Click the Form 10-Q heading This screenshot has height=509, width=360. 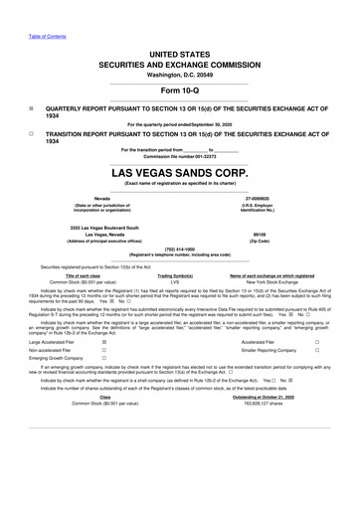click(x=179, y=87)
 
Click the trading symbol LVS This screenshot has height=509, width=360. click(x=175, y=281)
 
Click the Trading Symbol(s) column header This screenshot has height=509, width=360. click(x=175, y=274)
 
